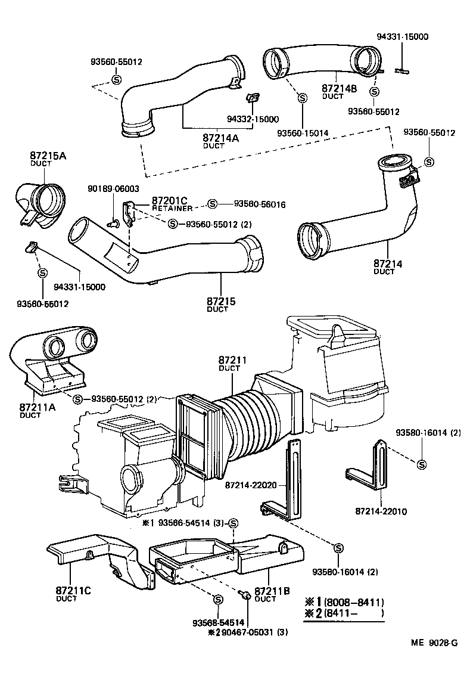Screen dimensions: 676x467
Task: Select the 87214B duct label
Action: [x=339, y=88]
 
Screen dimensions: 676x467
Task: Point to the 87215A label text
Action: [x=48, y=156]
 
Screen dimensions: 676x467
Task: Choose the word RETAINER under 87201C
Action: [x=172, y=209]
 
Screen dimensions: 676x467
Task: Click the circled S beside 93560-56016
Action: [x=213, y=204]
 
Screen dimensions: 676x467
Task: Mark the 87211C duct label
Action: [x=74, y=591]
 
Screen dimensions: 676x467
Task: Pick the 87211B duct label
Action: [x=272, y=591]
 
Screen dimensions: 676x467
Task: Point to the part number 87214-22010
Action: [x=381, y=511]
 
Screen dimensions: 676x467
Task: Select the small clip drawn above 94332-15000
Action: [x=253, y=97]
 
